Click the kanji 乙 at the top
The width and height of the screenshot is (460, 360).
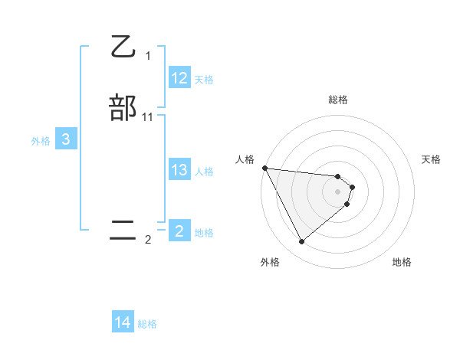123,47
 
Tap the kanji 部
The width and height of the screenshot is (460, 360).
123,106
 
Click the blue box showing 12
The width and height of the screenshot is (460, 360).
179,78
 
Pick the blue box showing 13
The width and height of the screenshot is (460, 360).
179,171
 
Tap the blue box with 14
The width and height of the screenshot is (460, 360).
123,323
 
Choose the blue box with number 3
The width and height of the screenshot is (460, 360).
66,139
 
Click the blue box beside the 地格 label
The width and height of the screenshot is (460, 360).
179,231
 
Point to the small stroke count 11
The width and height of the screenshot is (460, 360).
148,116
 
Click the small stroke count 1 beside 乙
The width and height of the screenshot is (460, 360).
148,55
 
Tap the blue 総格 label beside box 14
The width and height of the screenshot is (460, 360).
147,324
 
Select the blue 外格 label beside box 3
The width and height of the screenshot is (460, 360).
41,141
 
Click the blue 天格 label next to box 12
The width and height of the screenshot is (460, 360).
204,80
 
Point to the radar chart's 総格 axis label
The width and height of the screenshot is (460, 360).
338,100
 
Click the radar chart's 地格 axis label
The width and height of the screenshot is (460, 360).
402,262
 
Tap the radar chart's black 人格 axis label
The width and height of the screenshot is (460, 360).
245,159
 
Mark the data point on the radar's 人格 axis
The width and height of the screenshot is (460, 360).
264,168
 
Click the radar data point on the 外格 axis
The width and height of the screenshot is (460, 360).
301,242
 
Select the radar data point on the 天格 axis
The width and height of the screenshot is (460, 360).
352,187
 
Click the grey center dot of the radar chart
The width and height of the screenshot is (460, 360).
338,191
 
